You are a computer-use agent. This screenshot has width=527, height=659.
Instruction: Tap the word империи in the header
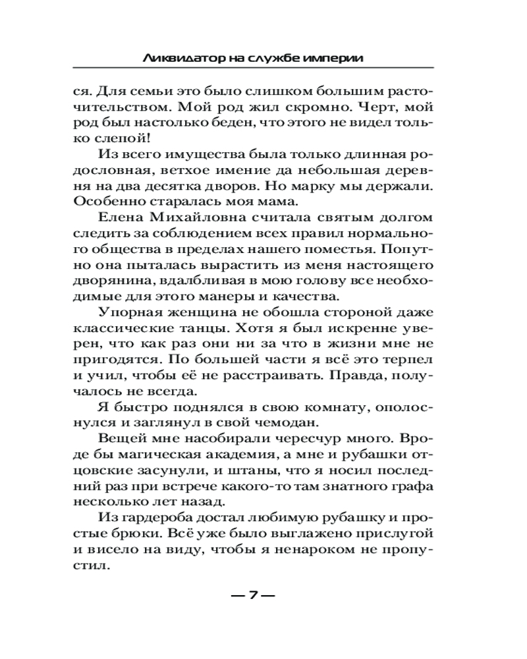pos(337,58)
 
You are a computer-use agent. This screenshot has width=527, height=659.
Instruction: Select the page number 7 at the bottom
pos(252,596)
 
